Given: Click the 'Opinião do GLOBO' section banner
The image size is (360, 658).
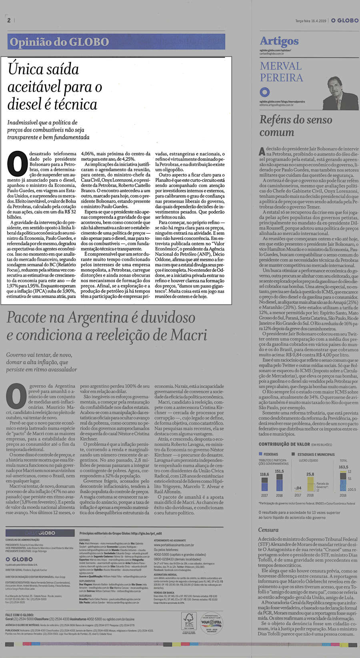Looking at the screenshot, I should click(x=59, y=42).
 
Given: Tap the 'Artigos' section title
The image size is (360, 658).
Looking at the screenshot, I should click(x=279, y=41).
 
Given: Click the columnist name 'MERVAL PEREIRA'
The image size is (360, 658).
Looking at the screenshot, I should click(x=281, y=72).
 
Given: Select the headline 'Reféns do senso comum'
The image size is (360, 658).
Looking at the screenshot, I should click(x=296, y=126).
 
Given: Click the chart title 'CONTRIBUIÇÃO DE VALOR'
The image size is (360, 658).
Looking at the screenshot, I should click(x=284, y=444).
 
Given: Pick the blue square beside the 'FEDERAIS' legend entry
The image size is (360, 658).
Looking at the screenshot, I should click(x=260, y=454).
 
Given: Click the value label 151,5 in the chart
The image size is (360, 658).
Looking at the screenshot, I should click(x=279, y=471).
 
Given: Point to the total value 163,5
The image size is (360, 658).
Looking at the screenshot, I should click(x=343, y=467).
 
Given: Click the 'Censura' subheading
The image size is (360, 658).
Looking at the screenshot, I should click(x=268, y=530).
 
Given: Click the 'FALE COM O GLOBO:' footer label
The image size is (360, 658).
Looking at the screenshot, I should click(x=19, y=614).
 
